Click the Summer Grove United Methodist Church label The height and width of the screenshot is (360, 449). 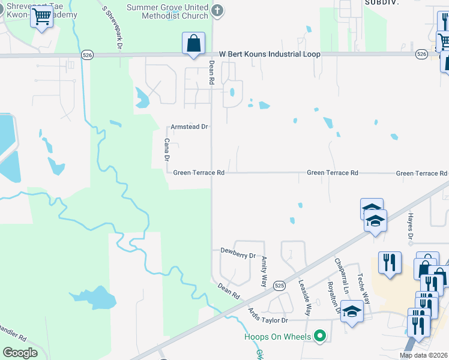point(167,11)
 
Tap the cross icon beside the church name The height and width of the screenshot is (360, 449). point(217,10)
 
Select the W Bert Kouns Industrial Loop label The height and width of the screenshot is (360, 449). point(270,54)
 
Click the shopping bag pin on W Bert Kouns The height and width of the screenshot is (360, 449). point(193,44)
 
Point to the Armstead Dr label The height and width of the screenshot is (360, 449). point(189,127)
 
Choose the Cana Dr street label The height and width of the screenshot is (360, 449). point(167,149)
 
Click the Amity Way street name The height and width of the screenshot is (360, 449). point(264,271)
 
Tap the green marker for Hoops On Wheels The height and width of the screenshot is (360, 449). point(320,335)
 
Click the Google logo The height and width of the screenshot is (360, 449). point(20,352)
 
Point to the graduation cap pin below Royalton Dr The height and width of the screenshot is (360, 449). point(352,313)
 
